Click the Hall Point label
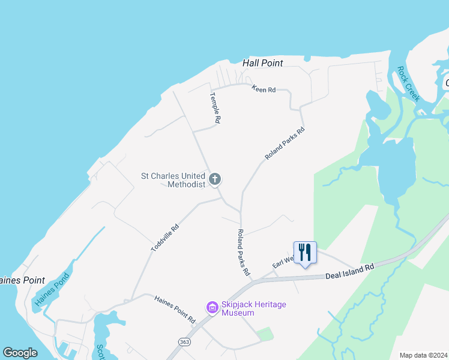[262, 63]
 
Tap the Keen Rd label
[263, 89]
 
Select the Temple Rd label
[215, 108]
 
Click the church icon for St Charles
[215, 179]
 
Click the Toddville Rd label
[165, 238]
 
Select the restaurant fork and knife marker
[305, 252]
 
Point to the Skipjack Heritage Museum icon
[211, 308]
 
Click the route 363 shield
[185, 341]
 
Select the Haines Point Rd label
[175, 309]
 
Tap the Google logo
[20, 352]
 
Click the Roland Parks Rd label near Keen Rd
[285, 143]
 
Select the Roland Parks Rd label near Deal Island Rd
[243, 252]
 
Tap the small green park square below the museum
[265, 334]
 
